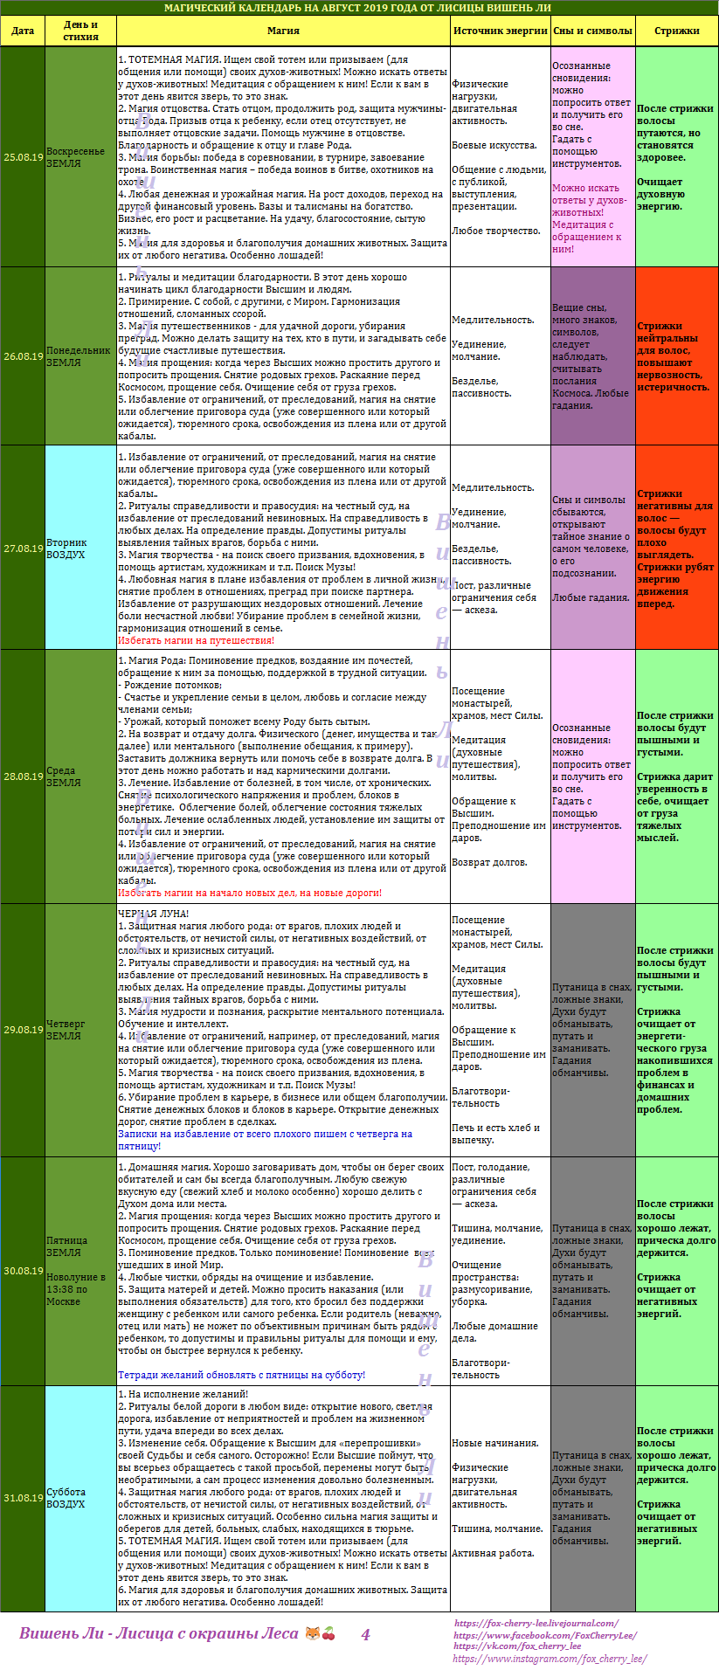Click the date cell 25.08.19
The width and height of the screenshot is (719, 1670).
23,157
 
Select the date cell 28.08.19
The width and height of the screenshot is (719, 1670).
23,776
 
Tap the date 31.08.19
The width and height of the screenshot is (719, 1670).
23,1498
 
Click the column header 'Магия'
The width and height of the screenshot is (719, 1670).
283,31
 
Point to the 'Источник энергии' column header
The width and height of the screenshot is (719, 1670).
500,31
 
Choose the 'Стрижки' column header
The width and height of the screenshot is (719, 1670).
677,31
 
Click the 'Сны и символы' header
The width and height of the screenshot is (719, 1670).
592,31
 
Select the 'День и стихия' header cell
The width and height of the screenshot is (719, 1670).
80,31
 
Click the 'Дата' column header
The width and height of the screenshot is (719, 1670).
23,31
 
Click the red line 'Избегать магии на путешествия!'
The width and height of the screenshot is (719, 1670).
196,640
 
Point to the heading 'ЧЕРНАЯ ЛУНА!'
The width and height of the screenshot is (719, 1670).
153,914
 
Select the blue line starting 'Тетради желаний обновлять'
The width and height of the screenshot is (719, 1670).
241,1375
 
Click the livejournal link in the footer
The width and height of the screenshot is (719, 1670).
536,1623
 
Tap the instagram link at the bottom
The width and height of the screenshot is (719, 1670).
550,1659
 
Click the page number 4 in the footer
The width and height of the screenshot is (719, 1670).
366,1634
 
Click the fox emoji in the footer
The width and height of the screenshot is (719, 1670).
312,1633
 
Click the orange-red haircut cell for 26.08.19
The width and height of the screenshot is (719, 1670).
677,356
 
